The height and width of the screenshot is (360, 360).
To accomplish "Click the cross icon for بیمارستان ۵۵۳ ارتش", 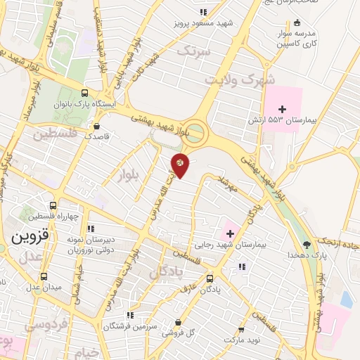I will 283,109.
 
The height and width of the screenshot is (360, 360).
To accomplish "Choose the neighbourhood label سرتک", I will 193,51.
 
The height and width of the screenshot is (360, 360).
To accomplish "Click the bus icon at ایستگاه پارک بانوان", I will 85,92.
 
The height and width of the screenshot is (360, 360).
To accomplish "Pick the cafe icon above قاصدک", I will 96,127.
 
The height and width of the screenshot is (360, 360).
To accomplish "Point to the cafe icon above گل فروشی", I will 178,322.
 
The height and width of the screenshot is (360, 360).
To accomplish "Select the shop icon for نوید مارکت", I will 242,329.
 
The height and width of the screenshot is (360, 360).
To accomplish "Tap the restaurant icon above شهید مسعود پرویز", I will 204,12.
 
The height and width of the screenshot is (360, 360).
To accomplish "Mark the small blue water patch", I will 346,299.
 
